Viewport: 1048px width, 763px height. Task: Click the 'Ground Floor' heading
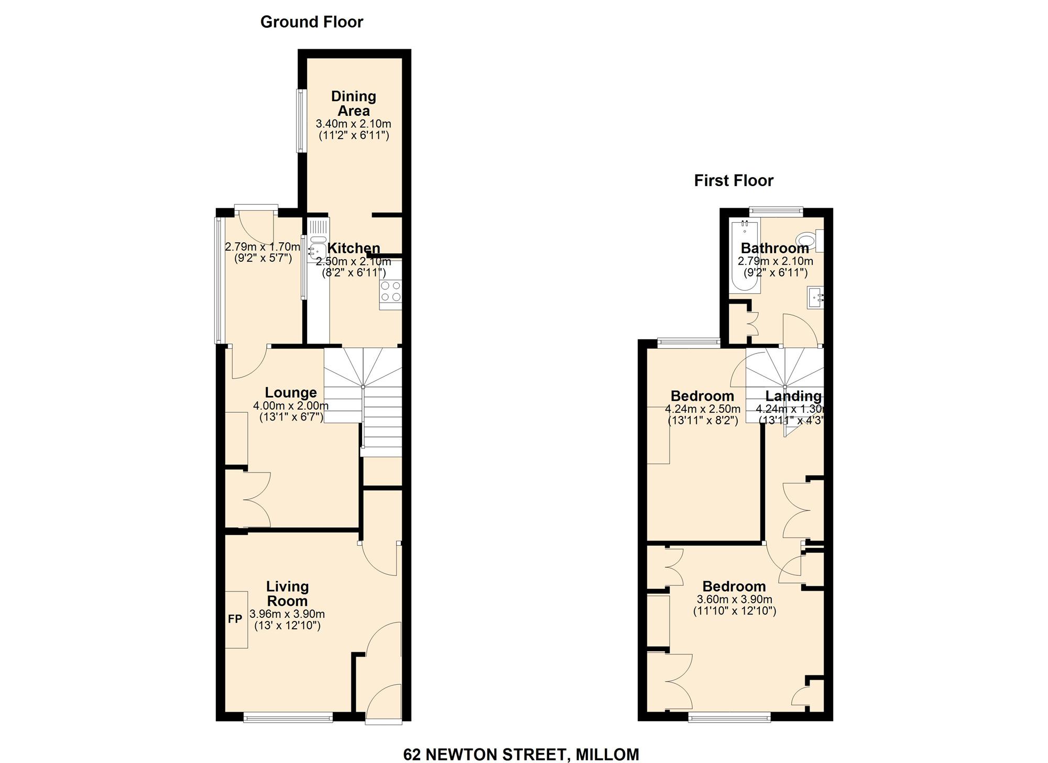click(311, 22)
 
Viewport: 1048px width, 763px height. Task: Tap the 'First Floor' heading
click(734, 181)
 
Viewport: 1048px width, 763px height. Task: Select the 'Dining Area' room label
click(354, 103)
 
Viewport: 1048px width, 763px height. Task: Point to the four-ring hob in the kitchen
click(390, 292)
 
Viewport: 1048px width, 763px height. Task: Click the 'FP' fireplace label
click(235, 619)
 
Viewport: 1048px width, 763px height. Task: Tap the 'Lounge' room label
click(291, 393)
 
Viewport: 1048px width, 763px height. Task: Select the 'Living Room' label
click(287, 594)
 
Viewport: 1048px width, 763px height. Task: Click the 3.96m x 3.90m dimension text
click(287, 614)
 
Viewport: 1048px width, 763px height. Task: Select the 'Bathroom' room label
click(774, 248)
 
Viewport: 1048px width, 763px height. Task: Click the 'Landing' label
click(793, 396)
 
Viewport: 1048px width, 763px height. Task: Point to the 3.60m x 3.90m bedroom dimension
click(734, 599)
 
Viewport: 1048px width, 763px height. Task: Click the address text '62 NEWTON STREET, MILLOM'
click(521, 754)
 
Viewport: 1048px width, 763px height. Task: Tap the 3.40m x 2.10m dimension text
click(353, 124)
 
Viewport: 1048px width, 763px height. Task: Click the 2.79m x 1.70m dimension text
click(263, 247)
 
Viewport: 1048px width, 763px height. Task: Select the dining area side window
click(301, 121)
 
